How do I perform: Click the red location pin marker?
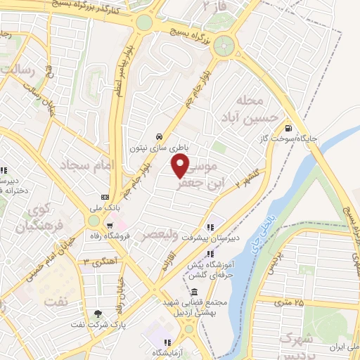181,165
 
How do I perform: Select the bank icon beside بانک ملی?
105,197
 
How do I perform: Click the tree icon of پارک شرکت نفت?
98,314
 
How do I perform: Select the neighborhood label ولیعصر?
165,233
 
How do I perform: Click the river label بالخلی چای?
274,229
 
